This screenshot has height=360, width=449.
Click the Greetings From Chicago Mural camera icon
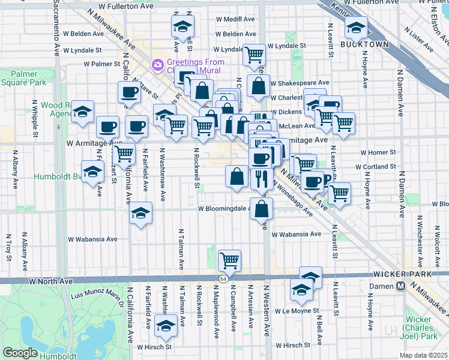point(158,64)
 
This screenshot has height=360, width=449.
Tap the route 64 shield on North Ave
point(223,280)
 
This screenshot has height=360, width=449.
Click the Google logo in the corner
point(20,352)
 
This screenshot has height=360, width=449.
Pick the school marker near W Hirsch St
point(163,326)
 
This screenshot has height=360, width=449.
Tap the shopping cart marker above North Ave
point(229,260)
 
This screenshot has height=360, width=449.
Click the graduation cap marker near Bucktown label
point(356,27)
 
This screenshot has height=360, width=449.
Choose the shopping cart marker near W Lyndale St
point(255,55)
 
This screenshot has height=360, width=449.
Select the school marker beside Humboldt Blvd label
point(92,172)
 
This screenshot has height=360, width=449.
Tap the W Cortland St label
point(375,167)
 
